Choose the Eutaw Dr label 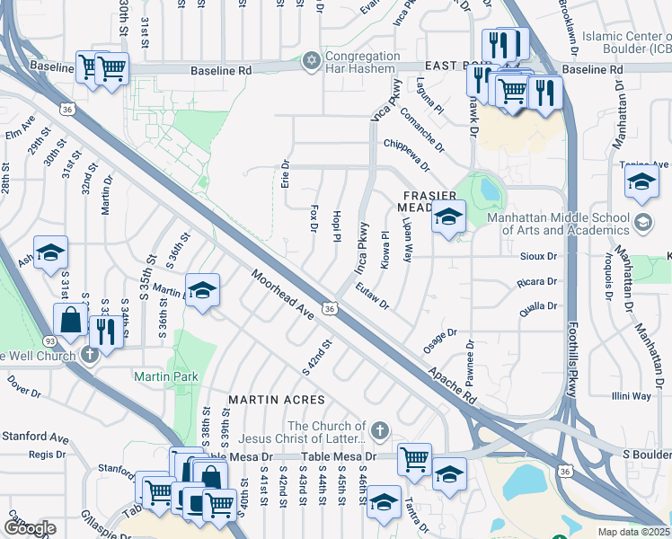371,298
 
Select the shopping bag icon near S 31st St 69,320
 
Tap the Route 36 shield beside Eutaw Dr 331,308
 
